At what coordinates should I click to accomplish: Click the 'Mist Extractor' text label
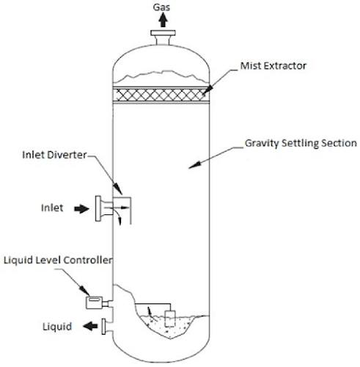click(x=273, y=65)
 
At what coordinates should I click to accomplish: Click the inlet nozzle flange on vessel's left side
click(x=98, y=208)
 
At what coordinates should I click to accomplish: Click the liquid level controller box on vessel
click(x=94, y=300)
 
